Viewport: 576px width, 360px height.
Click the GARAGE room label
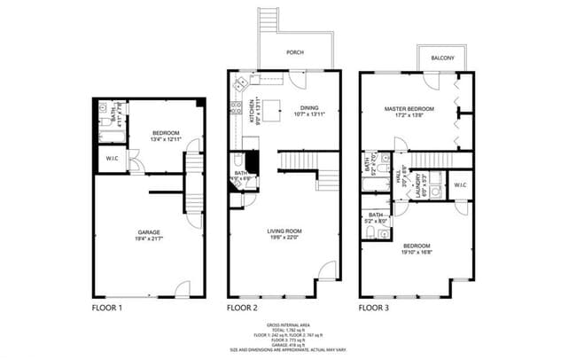pyautogui.click(x=148, y=232)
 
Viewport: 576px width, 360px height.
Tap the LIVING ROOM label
pyautogui.click(x=284, y=231)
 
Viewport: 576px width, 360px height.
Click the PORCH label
pyautogui.click(x=294, y=52)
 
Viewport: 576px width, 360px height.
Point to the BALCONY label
pyautogui.click(x=443, y=59)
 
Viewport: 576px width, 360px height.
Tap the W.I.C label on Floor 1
pyautogui.click(x=113, y=160)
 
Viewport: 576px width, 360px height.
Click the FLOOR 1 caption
pyautogui.click(x=107, y=309)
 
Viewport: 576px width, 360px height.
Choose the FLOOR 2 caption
pyautogui.click(x=242, y=309)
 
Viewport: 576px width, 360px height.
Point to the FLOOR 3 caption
pyautogui.click(x=375, y=309)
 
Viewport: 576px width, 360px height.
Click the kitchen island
pyautogui.click(x=274, y=110)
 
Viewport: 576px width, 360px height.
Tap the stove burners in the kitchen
pyautogui.click(x=235, y=109)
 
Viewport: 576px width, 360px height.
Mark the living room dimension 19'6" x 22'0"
pyautogui.click(x=284, y=238)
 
